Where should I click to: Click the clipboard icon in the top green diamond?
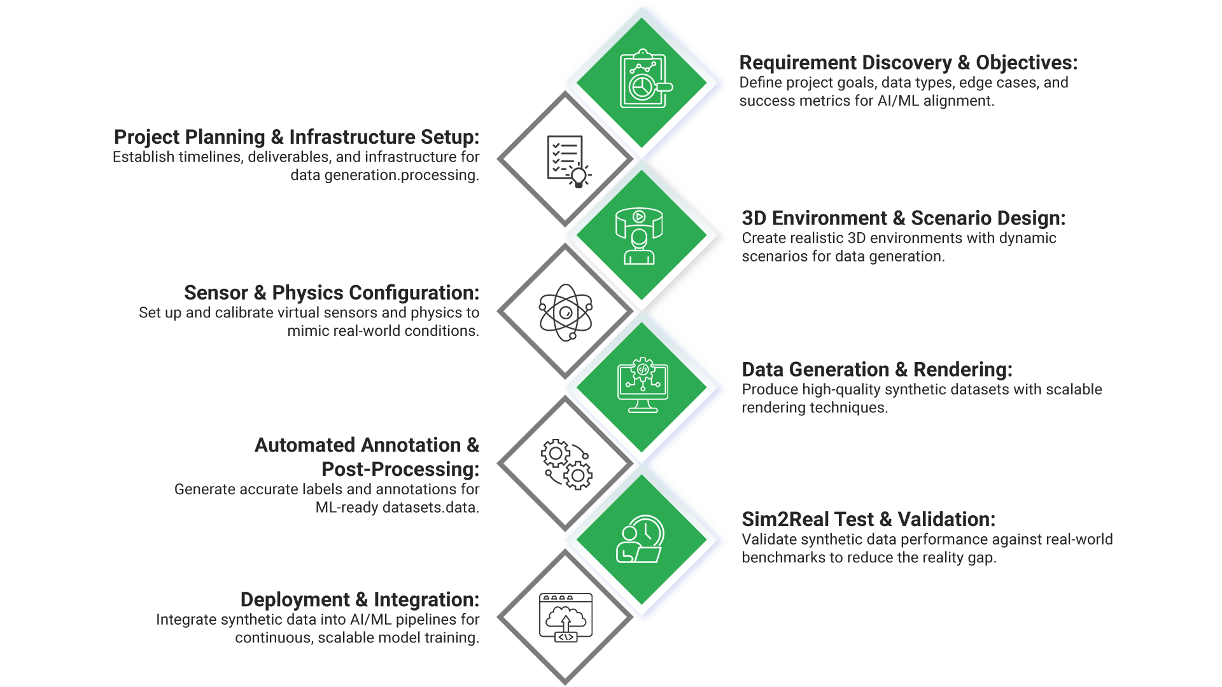coord(643,81)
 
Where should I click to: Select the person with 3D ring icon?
coord(639,235)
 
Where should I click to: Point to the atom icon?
coord(565,312)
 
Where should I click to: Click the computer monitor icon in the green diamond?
coord(643,385)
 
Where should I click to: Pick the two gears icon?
coord(566,464)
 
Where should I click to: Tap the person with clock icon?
coord(640,539)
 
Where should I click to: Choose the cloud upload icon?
coord(566,617)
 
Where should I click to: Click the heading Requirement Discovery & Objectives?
coord(908,63)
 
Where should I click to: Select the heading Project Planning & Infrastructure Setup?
coord(296,137)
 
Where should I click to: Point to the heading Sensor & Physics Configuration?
coord(331,293)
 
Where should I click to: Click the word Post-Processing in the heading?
coord(400,469)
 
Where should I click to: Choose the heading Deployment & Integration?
coord(359,600)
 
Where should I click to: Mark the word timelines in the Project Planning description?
coord(210,157)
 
